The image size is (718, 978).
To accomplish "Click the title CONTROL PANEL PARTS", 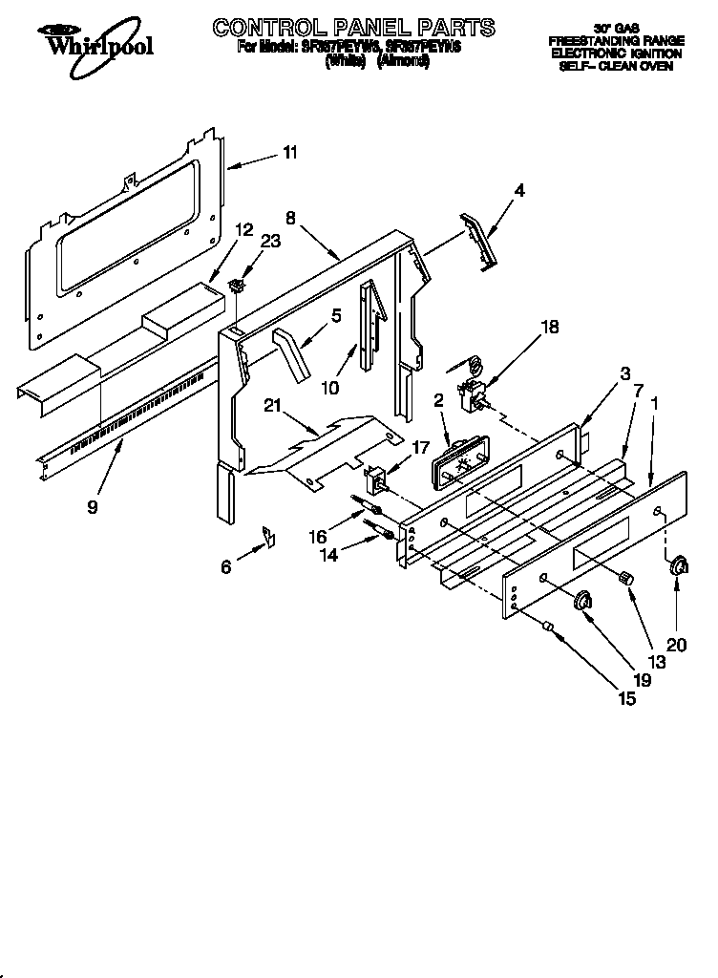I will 353,27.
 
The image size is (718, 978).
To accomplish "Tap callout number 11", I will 290,152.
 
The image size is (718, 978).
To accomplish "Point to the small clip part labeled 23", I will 238,284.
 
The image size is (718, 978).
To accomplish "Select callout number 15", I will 626,698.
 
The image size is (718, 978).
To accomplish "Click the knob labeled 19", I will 582,599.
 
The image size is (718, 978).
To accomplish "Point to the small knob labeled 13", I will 627,577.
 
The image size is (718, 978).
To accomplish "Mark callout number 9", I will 92,507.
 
